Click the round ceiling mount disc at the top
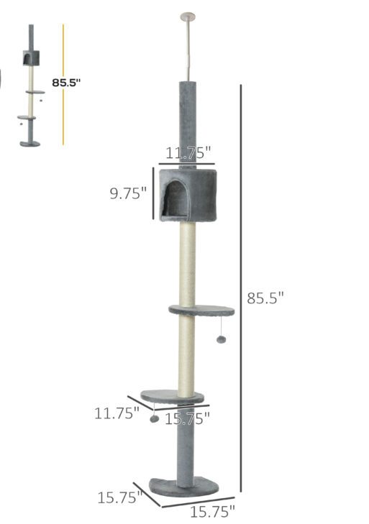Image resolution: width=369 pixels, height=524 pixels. [189, 14]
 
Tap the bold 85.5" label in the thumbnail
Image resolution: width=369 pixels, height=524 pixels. [66, 83]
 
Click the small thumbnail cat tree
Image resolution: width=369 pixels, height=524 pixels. [30, 86]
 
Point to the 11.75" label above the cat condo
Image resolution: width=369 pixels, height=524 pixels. [188, 152]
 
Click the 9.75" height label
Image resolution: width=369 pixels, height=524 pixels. [128, 193]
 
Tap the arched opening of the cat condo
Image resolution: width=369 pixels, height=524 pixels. [175, 198]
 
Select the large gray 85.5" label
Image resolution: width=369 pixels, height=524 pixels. [265, 298]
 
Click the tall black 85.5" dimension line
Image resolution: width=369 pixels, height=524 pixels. [240, 288]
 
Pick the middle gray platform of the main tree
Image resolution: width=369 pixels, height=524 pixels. [202, 311]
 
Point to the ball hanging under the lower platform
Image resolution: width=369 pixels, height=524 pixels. [154, 418]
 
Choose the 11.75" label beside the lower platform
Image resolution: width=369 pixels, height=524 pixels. [117, 413]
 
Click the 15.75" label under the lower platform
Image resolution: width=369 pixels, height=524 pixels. [187, 418]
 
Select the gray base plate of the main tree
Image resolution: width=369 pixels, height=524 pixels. [183, 486]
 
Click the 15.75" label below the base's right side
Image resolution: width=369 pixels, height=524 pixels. [213, 512]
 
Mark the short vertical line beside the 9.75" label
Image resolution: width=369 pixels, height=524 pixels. [152, 193]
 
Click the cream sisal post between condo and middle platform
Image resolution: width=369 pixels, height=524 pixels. [187, 262]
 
